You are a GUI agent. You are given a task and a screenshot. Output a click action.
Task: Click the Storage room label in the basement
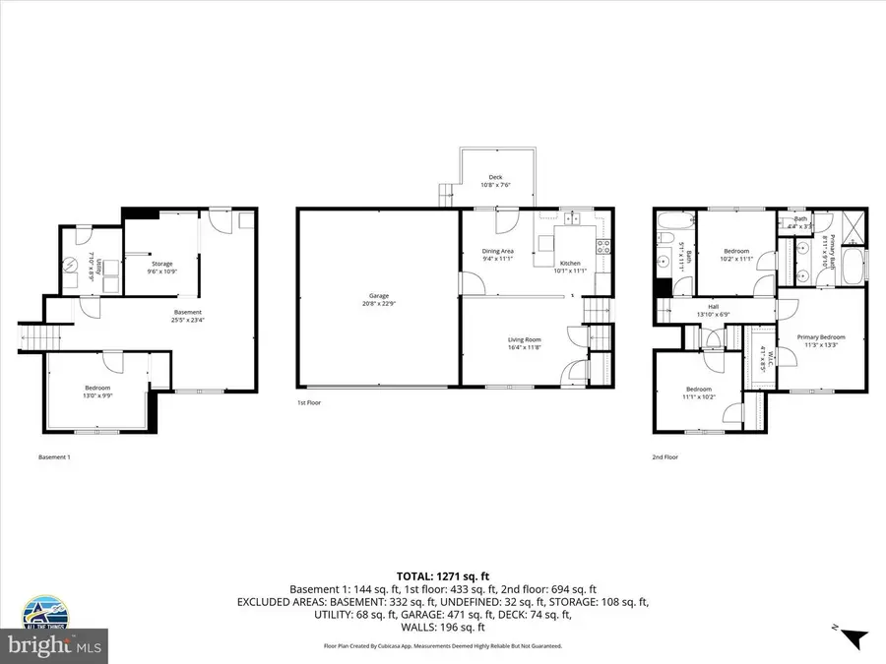(x=161, y=263)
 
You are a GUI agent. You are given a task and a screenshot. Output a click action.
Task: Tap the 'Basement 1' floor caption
(x=54, y=457)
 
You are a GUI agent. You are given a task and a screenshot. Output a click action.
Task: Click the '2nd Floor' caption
(x=664, y=457)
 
